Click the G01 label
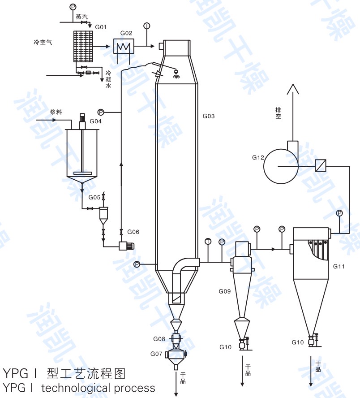tap(101, 27)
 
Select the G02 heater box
tap(122, 46)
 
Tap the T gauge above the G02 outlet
tap(146, 26)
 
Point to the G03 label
tap(209, 116)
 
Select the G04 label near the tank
tap(95, 121)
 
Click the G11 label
tap(339, 266)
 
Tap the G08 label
tap(159, 338)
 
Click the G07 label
tap(156, 354)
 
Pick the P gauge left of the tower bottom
tap(137, 264)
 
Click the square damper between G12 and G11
tap(320, 165)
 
